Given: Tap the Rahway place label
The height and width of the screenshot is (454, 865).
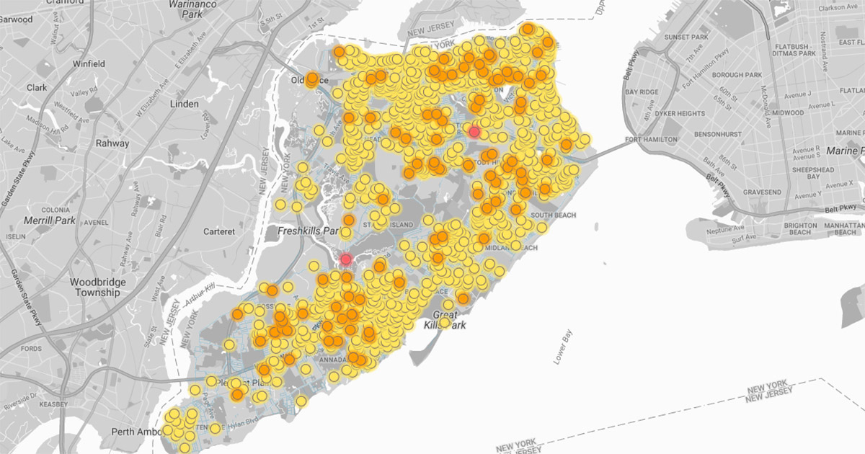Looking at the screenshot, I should click(x=112, y=143).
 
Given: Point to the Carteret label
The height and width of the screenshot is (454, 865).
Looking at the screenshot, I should click(x=218, y=231).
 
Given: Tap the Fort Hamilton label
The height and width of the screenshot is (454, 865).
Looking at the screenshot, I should click(x=652, y=139).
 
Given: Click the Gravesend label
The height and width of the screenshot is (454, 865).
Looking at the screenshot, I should click(x=763, y=192).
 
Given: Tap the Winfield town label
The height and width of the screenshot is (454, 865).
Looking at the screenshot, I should click(x=89, y=64).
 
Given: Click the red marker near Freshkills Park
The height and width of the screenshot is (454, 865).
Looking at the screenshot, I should click(x=346, y=259).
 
